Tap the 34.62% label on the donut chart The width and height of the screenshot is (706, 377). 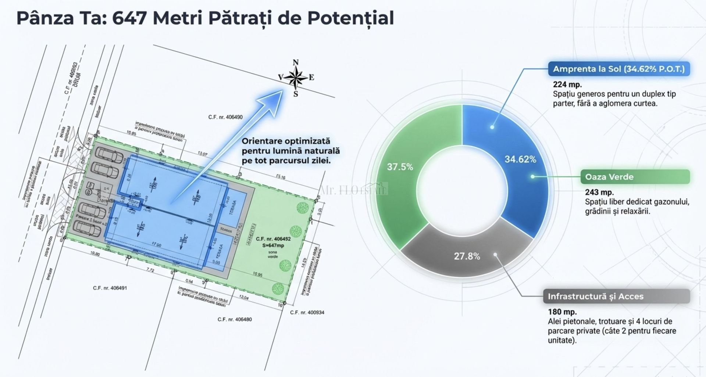point(520,159)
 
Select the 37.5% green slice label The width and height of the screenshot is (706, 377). point(400,167)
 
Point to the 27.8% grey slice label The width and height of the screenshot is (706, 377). point(467,256)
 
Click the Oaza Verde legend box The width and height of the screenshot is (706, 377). point(635,177)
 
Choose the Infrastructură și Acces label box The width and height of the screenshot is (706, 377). point(616,296)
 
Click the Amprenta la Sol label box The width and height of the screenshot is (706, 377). point(618,69)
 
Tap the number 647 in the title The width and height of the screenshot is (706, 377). point(129,18)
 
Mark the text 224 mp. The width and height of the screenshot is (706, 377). point(567,85)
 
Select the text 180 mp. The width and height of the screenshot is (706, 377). point(562,312)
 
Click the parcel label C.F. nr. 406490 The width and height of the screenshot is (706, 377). point(225,117)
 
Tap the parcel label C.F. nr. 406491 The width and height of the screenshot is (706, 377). point(110,288)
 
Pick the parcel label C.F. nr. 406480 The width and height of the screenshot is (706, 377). point(235,319)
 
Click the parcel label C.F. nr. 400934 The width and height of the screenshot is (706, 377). point(307,312)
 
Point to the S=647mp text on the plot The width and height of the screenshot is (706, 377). point(273,245)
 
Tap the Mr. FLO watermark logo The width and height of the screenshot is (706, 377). point(353,189)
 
